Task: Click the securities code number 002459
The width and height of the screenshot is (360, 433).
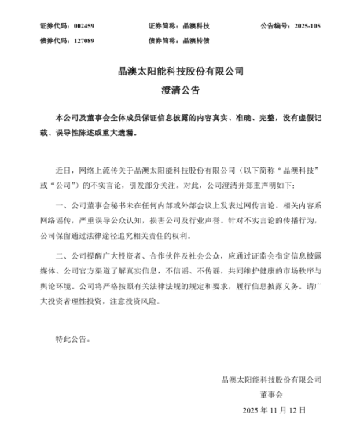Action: pos(83,26)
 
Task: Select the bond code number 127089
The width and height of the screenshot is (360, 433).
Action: pos(83,39)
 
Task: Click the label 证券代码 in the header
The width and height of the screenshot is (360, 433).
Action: pos(53,26)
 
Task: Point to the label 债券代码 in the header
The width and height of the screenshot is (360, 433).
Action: pos(53,39)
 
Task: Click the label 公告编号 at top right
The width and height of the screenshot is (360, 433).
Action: pos(269,26)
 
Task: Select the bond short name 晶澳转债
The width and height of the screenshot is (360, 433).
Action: pos(196,39)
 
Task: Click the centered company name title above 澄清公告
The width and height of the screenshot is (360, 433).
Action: pos(180,77)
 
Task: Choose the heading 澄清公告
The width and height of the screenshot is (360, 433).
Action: pos(180,96)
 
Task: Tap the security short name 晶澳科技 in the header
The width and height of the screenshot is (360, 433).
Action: pos(196,26)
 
